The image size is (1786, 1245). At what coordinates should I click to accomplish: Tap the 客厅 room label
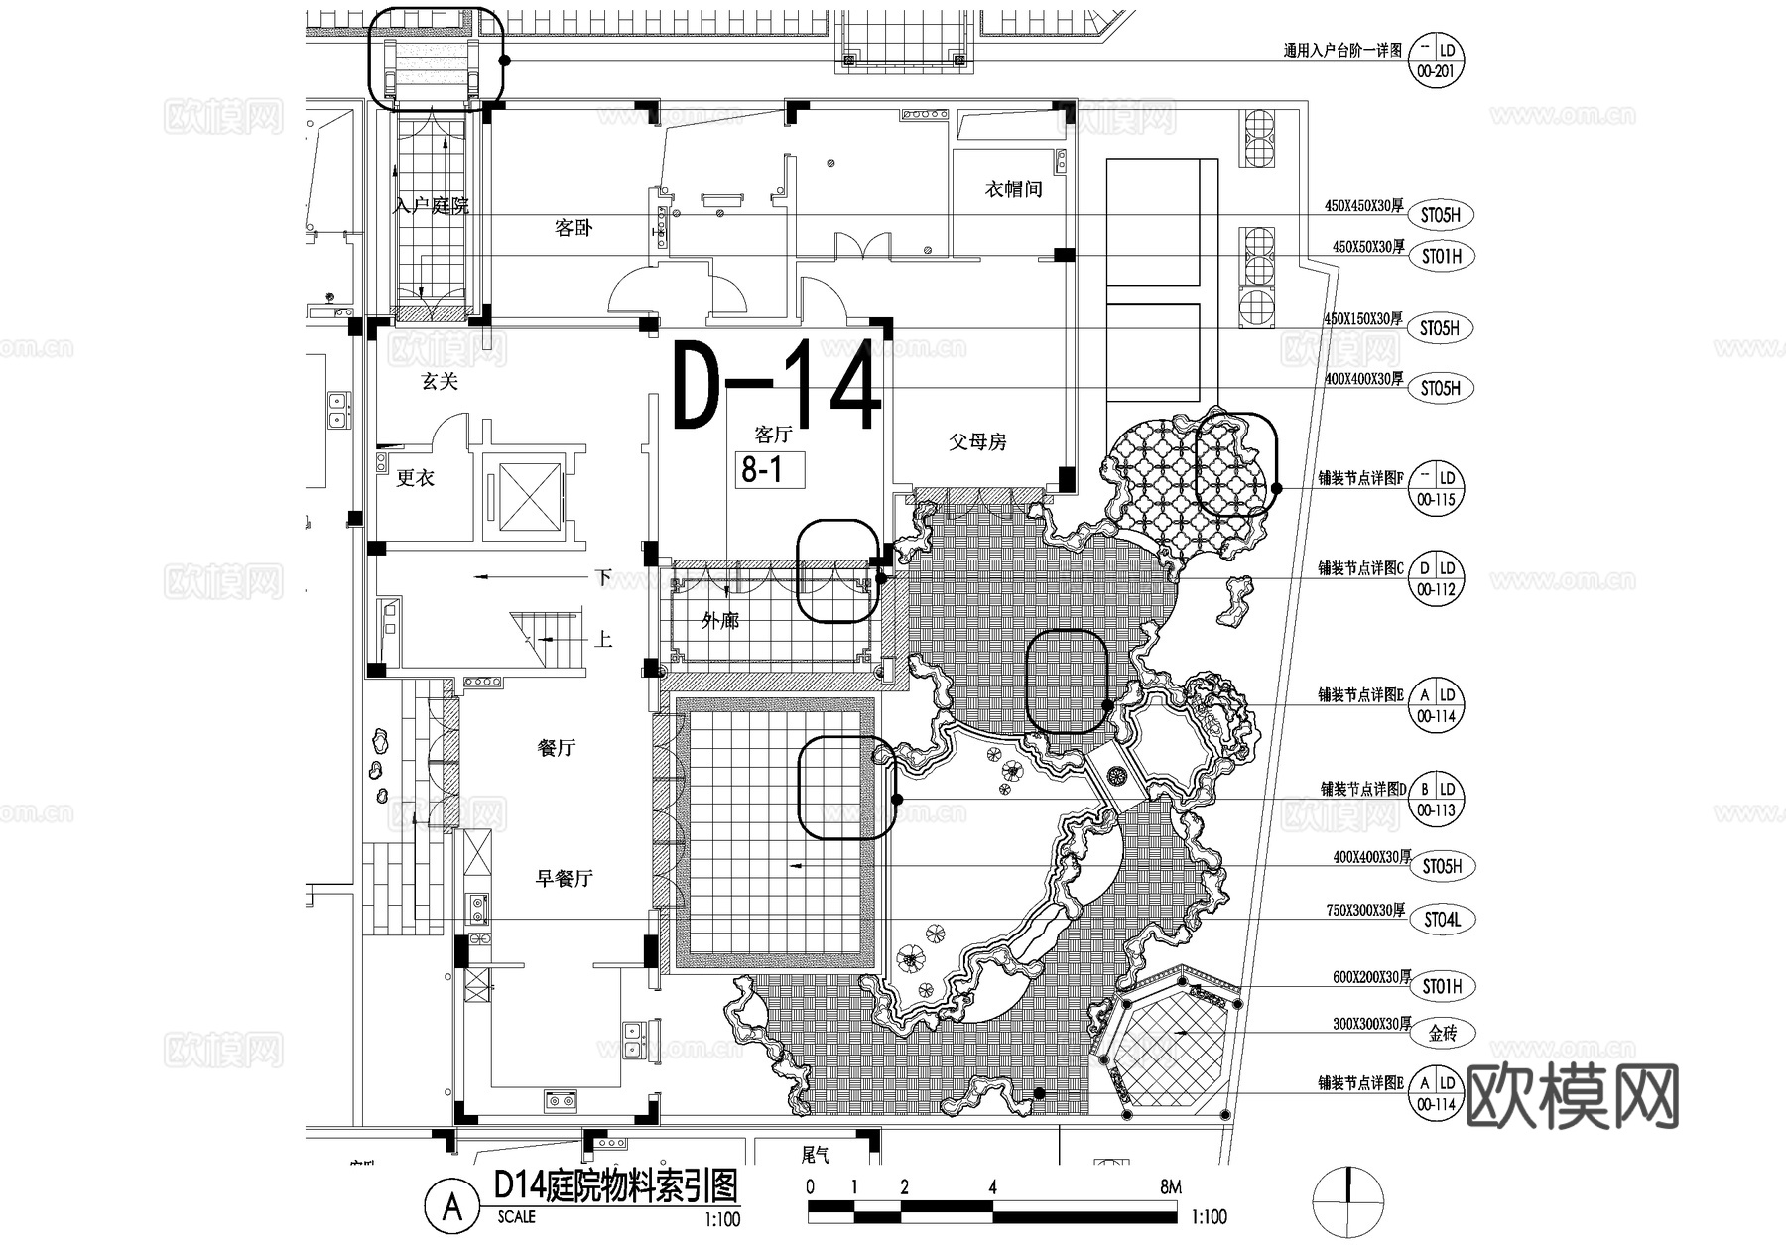click(773, 435)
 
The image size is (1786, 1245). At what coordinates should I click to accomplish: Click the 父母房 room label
click(977, 441)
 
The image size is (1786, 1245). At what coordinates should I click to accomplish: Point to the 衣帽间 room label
click(1013, 189)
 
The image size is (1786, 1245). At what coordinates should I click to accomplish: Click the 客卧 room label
click(574, 228)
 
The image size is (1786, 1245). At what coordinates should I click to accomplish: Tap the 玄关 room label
click(440, 381)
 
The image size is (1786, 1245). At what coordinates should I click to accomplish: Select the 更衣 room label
click(416, 478)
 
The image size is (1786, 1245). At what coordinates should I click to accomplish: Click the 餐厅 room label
click(556, 748)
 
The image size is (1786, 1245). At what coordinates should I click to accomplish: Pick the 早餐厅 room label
click(564, 878)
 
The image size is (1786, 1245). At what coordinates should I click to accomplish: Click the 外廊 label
click(720, 621)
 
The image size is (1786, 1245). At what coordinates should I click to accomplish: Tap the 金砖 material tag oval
click(1442, 1034)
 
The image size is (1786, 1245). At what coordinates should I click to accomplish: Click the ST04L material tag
click(1442, 921)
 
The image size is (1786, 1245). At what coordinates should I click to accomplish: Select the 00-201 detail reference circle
click(1436, 61)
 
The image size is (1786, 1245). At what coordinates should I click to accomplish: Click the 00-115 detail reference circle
click(1436, 488)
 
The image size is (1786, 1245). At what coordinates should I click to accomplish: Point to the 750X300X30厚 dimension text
click(1365, 910)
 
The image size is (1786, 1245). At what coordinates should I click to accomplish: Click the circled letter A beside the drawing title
click(453, 1206)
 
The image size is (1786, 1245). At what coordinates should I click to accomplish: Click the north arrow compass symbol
click(1347, 1201)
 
